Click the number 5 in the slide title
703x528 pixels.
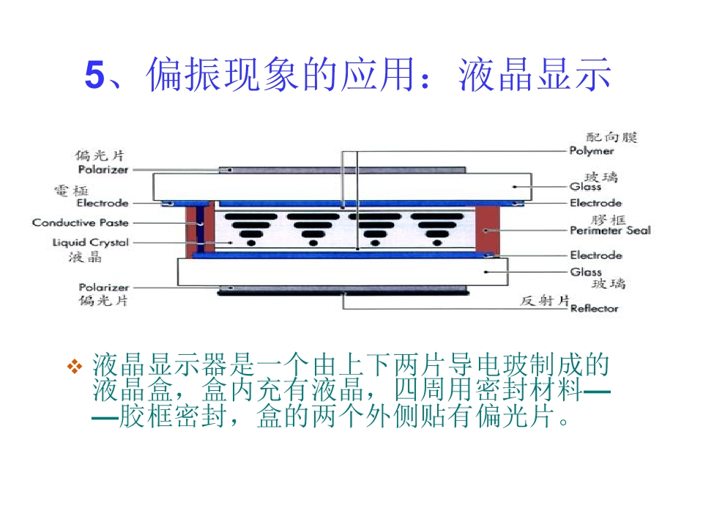pyautogui.click(x=95, y=76)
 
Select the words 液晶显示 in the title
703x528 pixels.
pyautogui.click(x=535, y=76)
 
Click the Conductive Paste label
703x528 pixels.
pyautogui.click(x=80, y=223)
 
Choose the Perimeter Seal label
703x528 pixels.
pyautogui.click(x=610, y=230)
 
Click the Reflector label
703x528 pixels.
pyautogui.click(x=594, y=308)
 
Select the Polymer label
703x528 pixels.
pyautogui.click(x=592, y=151)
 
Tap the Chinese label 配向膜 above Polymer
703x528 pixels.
pyautogui.click(x=613, y=137)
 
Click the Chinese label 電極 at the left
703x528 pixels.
pyautogui.click(x=72, y=191)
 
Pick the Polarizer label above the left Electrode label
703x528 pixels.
pyautogui.click(x=103, y=169)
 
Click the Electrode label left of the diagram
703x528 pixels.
pyautogui.click(x=103, y=203)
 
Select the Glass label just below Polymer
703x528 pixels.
pyautogui.click(x=585, y=186)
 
